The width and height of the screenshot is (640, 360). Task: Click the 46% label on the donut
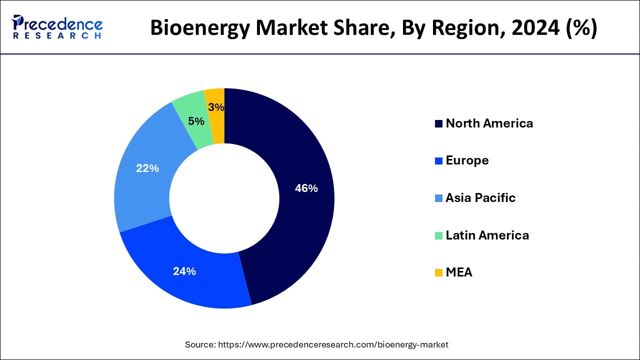[306, 188]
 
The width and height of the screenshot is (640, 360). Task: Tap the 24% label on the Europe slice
[184, 271]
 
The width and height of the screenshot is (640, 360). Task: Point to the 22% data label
[147, 168]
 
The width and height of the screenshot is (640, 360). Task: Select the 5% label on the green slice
[196, 121]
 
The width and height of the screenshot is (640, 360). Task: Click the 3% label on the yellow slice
[216, 107]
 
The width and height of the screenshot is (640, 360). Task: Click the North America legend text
[489, 123]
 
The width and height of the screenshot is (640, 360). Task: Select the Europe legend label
[467, 160]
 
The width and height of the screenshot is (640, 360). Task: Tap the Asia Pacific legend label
[480, 198]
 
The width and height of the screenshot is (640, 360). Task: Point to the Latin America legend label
[487, 235]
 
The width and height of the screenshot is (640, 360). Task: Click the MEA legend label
[458, 272]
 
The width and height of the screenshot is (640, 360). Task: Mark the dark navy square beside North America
[438, 124]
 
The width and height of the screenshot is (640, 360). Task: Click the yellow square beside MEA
[438, 273]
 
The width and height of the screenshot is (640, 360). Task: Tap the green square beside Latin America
[438, 235]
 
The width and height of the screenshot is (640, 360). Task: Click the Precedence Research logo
[57, 27]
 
